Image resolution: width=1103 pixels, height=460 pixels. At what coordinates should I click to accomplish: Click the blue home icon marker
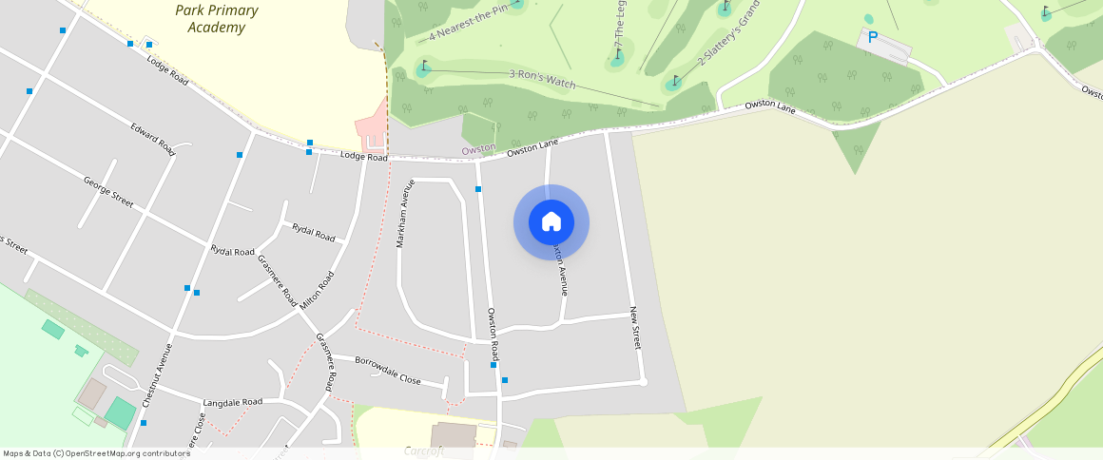click(551, 222)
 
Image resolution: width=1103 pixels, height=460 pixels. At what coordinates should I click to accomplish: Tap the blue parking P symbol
click(872, 38)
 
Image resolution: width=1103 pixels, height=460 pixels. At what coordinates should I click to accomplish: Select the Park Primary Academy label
click(216, 18)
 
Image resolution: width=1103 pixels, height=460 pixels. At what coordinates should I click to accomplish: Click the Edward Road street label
click(153, 139)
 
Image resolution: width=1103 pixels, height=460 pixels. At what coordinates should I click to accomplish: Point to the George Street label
click(108, 191)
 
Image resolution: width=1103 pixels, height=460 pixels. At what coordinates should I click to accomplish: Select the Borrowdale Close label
click(388, 370)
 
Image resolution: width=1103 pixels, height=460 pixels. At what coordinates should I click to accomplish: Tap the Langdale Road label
click(232, 402)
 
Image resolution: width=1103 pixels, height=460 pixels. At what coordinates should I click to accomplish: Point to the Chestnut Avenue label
click(156, 375)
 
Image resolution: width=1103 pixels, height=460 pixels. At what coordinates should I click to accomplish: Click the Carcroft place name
click(424, 450)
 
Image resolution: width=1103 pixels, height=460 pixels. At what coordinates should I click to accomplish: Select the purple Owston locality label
click(478, 149)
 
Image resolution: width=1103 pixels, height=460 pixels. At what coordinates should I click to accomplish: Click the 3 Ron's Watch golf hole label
click(542, 79)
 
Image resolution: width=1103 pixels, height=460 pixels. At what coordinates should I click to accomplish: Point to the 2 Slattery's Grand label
click(728, 37)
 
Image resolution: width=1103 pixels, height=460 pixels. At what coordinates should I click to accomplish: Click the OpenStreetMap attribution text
click(96, 453)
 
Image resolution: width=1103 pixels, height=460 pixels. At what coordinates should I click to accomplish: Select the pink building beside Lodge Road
click(372, 131)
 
